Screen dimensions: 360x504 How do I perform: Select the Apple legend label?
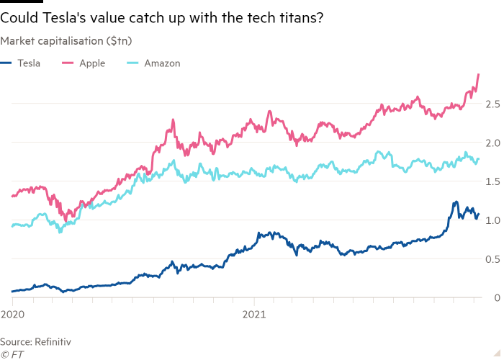coord(93,63)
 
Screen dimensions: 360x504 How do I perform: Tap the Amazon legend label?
coord(161,63)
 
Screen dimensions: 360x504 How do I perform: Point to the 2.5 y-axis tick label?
coord(492,104)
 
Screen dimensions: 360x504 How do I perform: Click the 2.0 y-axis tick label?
coord(492,143)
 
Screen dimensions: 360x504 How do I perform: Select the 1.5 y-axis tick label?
coord(492,182)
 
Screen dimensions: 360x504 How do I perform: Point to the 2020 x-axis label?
coord(12,315)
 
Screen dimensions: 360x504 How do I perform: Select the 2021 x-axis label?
coord(254,315)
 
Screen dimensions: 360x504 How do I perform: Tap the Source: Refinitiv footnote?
coord(36,341)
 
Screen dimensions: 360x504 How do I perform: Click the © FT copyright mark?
coord(12,354)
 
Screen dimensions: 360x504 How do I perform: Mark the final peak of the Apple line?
coord(480,74)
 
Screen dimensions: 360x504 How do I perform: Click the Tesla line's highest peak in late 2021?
coord(455,202)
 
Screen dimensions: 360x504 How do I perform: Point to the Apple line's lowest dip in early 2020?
coord(66,218)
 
